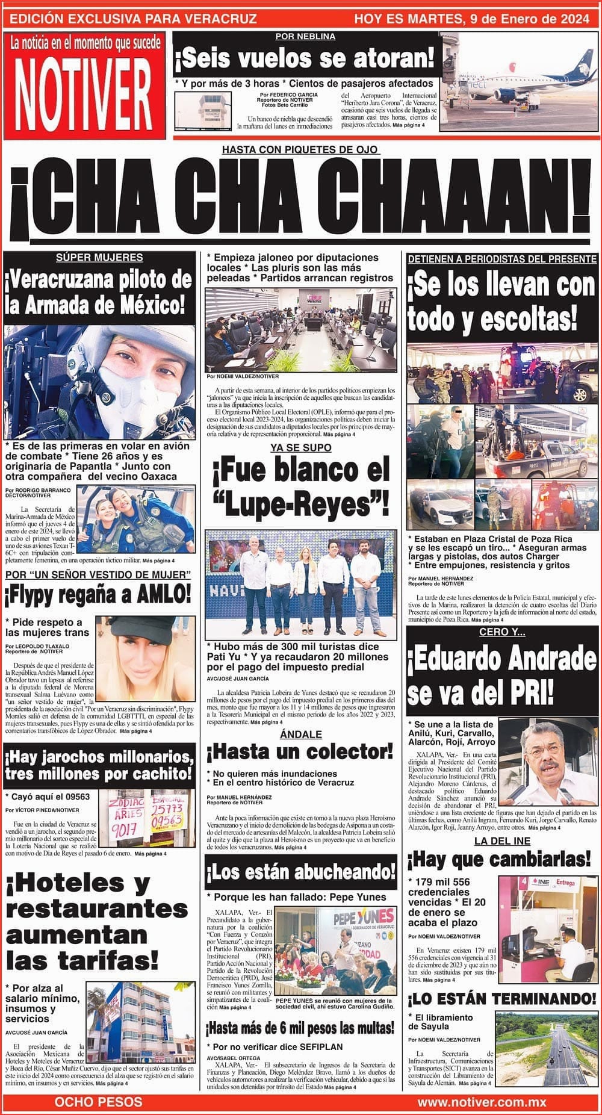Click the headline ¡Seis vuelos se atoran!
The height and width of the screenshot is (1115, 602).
pyautogui.click(x=304, y=60)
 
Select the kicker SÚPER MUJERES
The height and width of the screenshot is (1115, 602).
pyautogui.click(x=99, y=258)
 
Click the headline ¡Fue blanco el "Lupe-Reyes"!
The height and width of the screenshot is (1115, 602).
pyautogui.click(x=301, y=488)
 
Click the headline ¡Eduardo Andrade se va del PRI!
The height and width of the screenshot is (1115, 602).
pyautogui.click(x=501, y=674)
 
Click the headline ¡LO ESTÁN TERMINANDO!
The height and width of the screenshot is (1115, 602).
pyautogui.click(x=502, y=999)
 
